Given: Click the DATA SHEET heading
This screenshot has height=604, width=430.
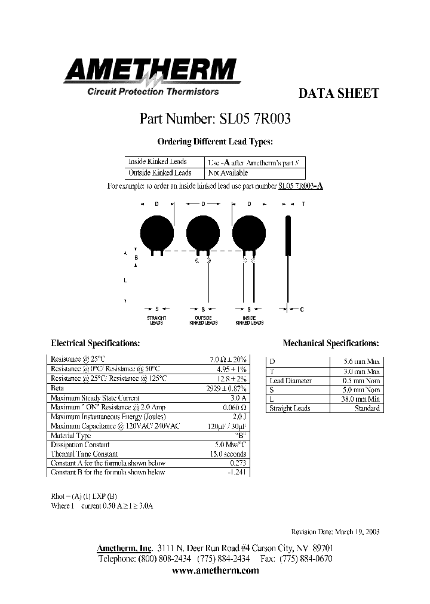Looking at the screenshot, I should pyautogui.click(x=338, y=94).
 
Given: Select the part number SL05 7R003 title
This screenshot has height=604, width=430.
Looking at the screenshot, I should pyautogui.click(x=215, y=119).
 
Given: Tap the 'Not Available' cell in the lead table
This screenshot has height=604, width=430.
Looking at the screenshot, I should pyautogui.click(x=228, y=173).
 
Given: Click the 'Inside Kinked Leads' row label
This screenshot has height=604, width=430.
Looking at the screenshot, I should pyautogui.click(x=158, y=162).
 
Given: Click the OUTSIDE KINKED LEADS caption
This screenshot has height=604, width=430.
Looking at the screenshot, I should pyautogui.click(x=203, y=321).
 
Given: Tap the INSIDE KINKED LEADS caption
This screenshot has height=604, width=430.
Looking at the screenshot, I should pyautogui.click(x=249, y=321).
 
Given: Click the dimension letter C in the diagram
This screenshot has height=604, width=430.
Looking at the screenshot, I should pyautogui.click(x=302, y=309).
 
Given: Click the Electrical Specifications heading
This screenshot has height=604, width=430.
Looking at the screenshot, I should pyautogui.click(x=96, y=344).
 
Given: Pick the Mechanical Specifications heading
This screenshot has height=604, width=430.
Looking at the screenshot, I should pyautogui.click(x=331, y=344).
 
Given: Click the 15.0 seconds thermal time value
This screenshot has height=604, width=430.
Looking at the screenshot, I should pyautogui.click(x=230, y=454).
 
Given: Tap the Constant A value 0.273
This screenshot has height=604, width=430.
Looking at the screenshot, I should pyautogui.click(x=238, y=463).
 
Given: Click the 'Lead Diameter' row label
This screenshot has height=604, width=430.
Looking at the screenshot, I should pyautogui.click(x=290, y=380).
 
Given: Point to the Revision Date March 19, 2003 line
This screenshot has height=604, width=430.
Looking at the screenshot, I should pyautogui.click(x=335, y=532).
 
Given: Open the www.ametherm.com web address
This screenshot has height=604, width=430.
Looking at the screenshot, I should pyautogui.click(x=215, y=571).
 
